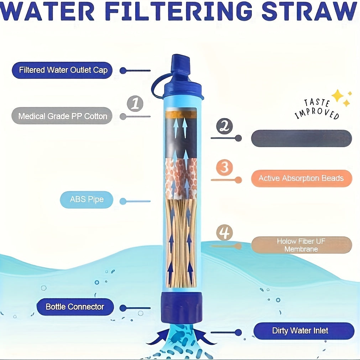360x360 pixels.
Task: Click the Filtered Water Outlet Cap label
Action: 62,70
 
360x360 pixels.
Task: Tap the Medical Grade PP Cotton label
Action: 62,116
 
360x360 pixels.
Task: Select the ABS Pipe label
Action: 87,199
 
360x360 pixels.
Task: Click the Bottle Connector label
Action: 75,307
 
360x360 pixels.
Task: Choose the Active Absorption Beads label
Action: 301,178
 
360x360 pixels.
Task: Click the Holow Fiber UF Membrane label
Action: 301,245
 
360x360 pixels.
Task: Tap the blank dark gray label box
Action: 301,139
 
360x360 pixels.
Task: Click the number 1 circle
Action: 135,104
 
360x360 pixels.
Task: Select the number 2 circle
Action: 224,126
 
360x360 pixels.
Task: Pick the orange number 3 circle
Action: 224,167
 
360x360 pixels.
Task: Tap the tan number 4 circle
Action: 224,233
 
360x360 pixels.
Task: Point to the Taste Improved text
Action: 317,109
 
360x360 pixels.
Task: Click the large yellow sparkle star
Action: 337,95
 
